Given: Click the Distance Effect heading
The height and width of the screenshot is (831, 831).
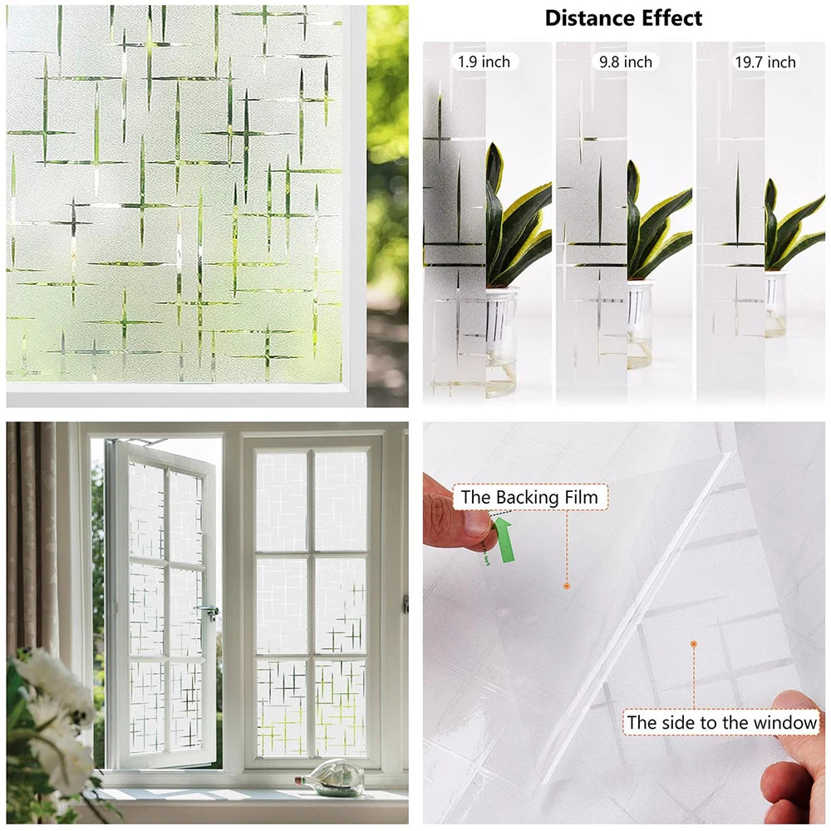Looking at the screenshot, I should (623, 18).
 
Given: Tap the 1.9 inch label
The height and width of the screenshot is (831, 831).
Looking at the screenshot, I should (484, 61).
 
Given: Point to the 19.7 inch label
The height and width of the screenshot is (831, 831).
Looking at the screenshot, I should (765, 61).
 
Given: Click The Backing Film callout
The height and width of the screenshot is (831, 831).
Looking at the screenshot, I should (529, 498).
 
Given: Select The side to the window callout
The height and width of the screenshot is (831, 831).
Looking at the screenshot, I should (721, 722).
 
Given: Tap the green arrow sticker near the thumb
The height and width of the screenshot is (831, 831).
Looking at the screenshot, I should (503, 538).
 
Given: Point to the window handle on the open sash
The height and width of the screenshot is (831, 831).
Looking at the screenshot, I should (209, 612).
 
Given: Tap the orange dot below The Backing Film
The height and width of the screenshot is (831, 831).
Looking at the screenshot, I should (566, 586).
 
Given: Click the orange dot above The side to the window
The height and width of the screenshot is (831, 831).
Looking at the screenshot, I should (693, 643).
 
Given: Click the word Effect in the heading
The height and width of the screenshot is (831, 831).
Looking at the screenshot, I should (670, 18).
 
